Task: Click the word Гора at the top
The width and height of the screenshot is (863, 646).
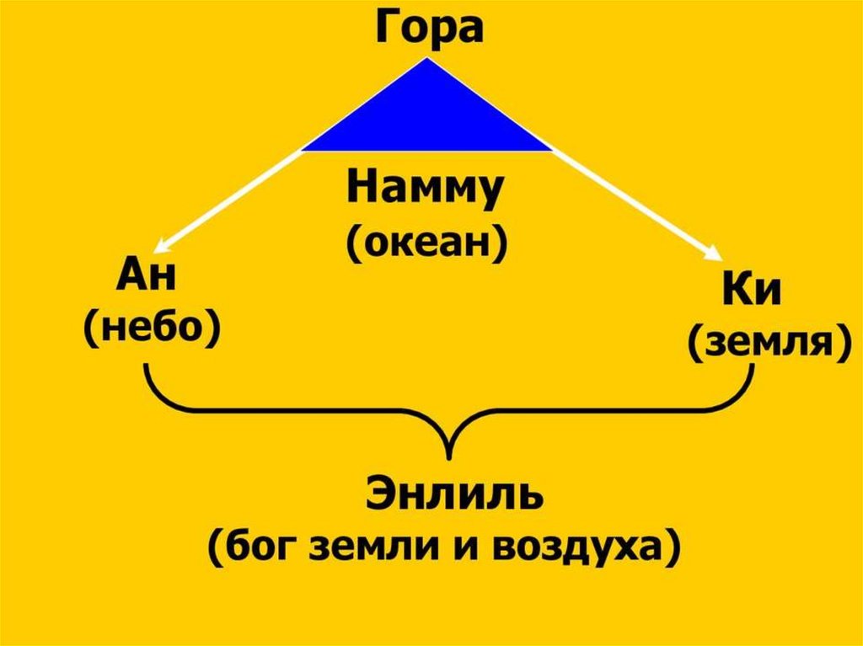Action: pyautogui.click(x=429, y=28)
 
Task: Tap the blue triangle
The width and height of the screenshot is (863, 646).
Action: pyautogui.click(x=427, y=118)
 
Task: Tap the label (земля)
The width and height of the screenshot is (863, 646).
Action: pyautogui.click(x=765, y=344)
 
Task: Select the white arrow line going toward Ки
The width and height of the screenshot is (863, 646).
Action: pyautogui.click(x=632, y=202)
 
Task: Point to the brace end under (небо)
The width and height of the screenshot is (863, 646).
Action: pyautogui.click(x=149, y=369)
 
